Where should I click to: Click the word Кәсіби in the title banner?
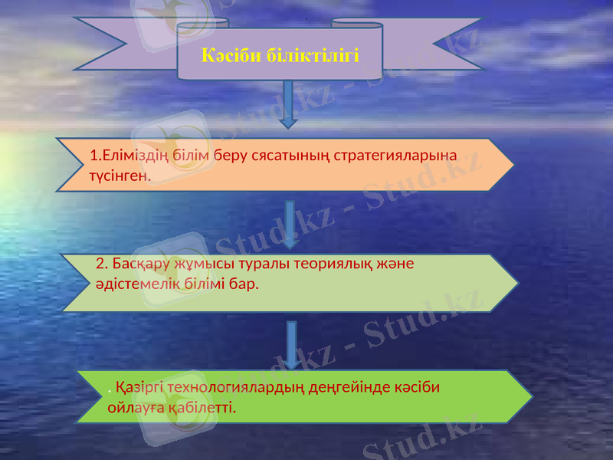point(228,55)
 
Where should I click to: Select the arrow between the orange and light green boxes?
point(290,224)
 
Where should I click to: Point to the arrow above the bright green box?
point(292,344)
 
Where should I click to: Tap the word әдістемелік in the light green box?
point(143,284)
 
